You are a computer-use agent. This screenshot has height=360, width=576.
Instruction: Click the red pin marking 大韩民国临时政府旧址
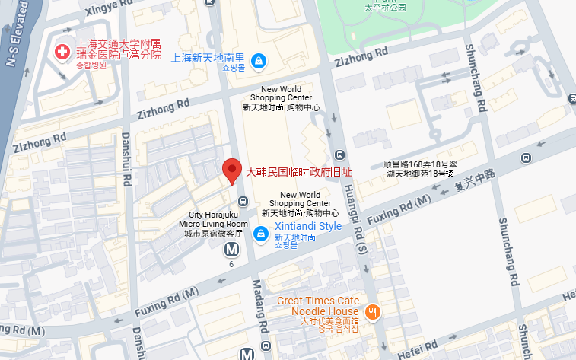[x=231, y=170]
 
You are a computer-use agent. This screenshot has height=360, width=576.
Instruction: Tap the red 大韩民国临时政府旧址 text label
[x=299, y=172]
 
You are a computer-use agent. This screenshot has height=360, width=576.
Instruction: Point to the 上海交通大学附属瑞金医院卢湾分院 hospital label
[x=118, y=50]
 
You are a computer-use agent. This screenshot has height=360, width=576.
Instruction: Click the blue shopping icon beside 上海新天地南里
[x=259, y=59]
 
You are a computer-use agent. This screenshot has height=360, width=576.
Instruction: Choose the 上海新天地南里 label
[x=208, y=58]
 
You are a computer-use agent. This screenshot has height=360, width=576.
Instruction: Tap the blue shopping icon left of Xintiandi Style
[x=260, y=233]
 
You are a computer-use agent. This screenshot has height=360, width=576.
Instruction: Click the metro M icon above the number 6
[x=231, y=249]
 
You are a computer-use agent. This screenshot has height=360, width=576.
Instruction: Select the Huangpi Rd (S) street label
[x=361, y=221]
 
